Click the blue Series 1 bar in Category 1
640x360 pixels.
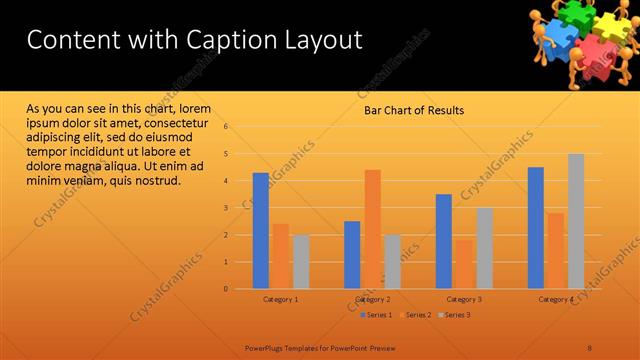point(260,231)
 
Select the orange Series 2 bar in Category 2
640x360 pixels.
point(372,229)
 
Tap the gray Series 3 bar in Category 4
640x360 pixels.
point(576,221)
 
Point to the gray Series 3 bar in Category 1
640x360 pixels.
point(301,262)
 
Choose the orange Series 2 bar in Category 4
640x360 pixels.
point(556,251)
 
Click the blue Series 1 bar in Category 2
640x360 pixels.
point(352,255)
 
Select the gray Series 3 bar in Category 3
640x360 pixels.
point(484,248)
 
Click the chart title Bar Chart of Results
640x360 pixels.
point(413,110)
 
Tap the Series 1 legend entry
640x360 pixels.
point(376,315)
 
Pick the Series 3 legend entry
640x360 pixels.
point(455,315)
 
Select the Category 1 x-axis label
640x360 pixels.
point(280,299)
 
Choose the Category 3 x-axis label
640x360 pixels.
point(464,299)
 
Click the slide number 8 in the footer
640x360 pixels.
point(590,347)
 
